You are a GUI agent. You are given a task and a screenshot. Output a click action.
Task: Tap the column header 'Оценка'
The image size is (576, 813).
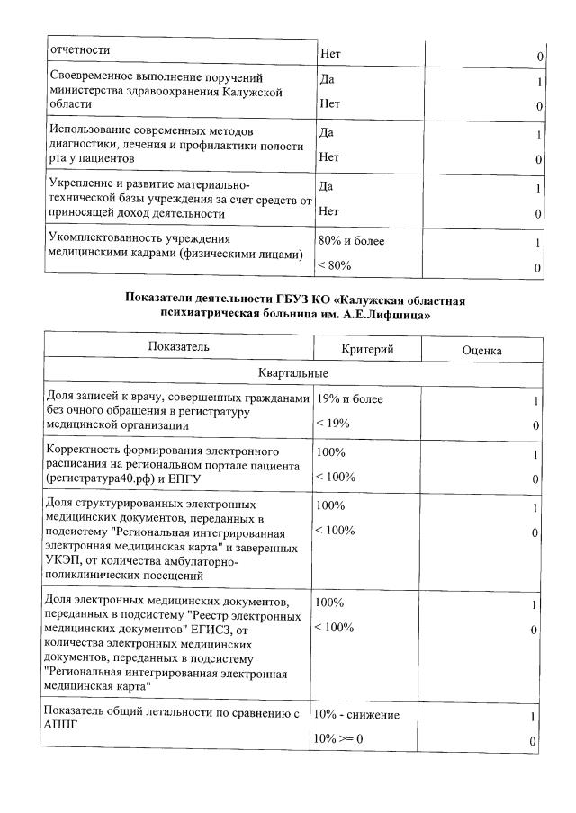click(481, 350)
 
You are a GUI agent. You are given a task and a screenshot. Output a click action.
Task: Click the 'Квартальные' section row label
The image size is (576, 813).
click(292, 372)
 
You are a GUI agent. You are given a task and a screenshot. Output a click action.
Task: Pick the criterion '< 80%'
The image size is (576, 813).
click(334, 266)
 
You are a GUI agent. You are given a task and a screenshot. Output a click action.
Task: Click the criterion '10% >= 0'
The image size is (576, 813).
click(337, 739)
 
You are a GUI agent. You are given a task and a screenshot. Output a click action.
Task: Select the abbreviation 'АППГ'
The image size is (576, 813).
click(60, 728)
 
